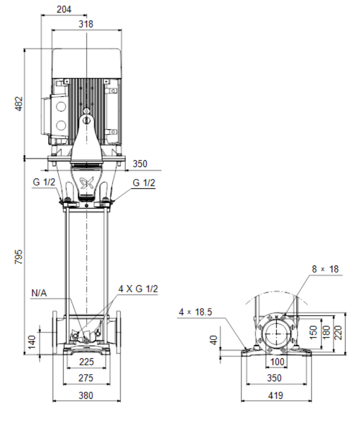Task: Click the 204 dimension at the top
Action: (64, 9)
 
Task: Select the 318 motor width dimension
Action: (86, 24)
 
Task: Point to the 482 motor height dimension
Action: (19, 104)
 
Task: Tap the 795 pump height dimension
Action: (19, 257)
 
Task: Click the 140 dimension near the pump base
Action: (32, 342)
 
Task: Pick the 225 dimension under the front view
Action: (86, 362)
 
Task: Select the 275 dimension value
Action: (86, 378)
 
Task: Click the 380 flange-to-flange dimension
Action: (86, 395)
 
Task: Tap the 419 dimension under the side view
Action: (276, 395)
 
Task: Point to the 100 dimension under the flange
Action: (277, 362)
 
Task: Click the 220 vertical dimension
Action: (338, 333)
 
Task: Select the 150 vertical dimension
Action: (313, 333)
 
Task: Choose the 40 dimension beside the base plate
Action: (213, 340)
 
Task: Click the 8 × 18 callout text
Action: (325, 269)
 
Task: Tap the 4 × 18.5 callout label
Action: (195, 312)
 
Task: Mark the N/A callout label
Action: (39, 293)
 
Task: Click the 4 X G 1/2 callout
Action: (138, 289)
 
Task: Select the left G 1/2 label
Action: (44, 182)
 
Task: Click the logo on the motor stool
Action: (87, 184)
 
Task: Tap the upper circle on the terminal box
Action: (61, 106)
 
